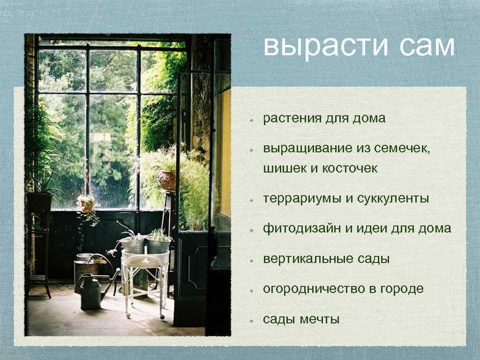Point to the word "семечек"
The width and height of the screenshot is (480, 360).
click(403, 149)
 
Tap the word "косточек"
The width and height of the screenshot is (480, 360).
click(350, 168)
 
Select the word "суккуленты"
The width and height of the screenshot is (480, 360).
click(393, 199)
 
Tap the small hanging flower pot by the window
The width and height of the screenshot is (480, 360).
click(86, 203)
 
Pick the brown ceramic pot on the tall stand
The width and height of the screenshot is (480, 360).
click(167, 180)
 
